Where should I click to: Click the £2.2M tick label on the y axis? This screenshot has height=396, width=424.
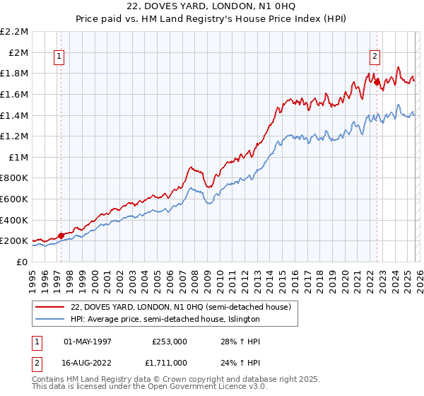point(15,32)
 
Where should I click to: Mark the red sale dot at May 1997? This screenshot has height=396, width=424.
point(61,235)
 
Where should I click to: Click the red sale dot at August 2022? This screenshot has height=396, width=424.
point(377,83)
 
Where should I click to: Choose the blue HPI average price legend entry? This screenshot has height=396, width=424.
point(165,319)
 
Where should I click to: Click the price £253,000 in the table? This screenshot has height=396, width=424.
point(170,341)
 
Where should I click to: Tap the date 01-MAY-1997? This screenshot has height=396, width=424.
point(88,341)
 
